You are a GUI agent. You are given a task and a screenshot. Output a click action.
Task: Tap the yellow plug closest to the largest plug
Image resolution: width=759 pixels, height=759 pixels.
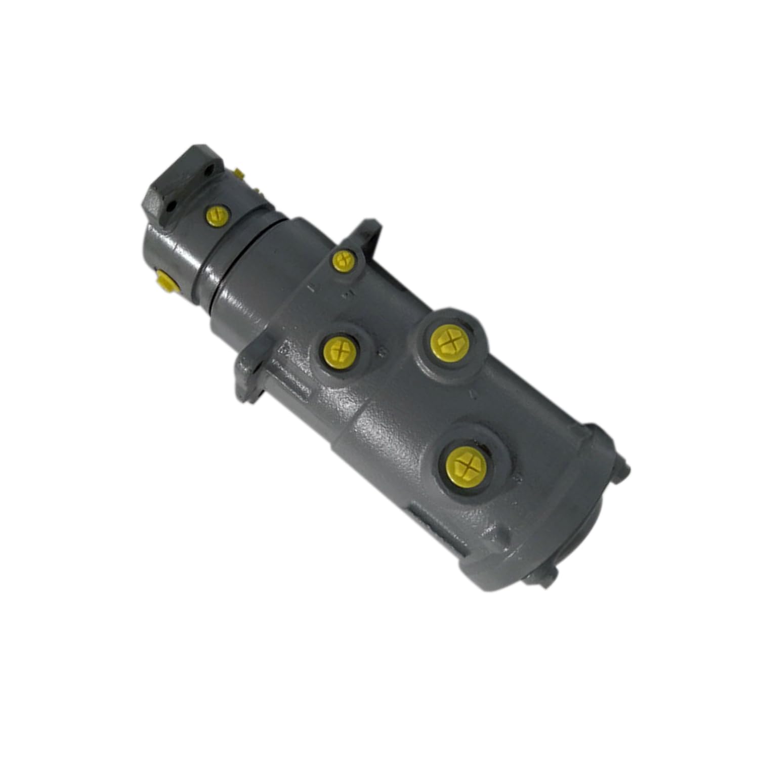[x=448, y=340]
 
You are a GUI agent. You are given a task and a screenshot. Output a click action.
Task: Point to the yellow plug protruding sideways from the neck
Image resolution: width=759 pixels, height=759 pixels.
[x=166, y=281]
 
